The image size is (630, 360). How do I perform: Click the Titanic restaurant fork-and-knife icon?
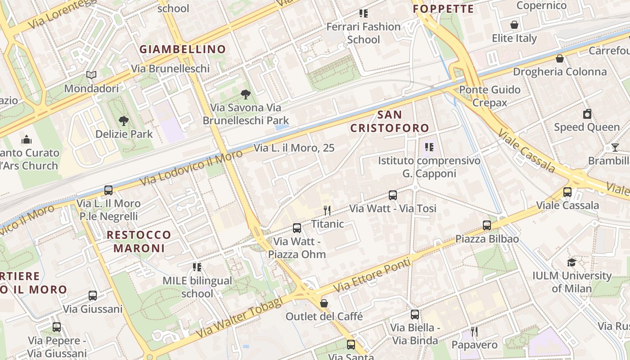(x=327, y=210)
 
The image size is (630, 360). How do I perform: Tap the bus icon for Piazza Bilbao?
(x=486, y=225)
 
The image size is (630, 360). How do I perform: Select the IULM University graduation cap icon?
(x=571, y=262)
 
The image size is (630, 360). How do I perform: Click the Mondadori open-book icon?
(x=91, y=75)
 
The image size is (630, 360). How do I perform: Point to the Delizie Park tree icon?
(x=123, y=121)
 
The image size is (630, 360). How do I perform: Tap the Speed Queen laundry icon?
(x=587, y=114)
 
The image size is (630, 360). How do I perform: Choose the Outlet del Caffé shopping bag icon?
(x=324, y=303)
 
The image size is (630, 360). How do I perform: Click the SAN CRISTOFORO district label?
(x=390, y=121)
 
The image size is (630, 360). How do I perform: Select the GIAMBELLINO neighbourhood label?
(x=182, y=49)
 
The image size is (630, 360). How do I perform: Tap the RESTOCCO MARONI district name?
(x=139, y=241)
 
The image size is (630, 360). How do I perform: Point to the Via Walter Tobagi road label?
(x=239, y=318)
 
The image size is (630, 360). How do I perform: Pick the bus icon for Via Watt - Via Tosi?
(x=393, y=195)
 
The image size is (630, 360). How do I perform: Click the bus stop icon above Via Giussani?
(x=93, y=296)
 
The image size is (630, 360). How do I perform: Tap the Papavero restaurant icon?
(x=474, y=332)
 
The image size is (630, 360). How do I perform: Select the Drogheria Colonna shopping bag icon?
(x=560, y=58)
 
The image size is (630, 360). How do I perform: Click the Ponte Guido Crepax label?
(x=490, y=96)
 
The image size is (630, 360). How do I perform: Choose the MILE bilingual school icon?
(x=197, y=267)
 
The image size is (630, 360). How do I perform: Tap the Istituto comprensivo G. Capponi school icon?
(x=429, y=147)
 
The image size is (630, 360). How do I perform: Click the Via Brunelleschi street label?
(x=171, y=68)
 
